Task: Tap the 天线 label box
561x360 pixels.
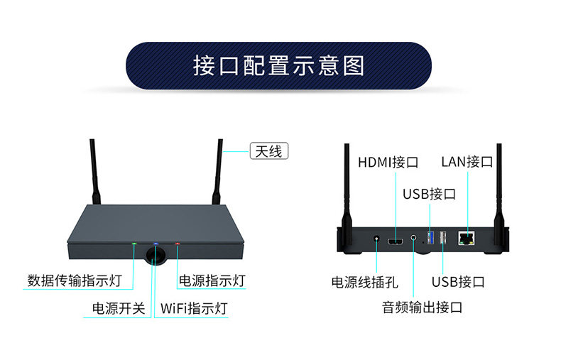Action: pos(268,151)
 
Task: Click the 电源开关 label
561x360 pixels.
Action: pos(119,309)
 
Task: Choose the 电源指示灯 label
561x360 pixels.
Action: pos(212,280)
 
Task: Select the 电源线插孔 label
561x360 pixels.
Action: pos(364,282)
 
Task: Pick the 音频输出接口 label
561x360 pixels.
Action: pos(422,307)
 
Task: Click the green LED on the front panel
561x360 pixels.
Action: pos(134,243)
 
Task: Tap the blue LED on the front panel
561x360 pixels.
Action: pos(156,243)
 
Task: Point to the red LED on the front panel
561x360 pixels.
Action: pos(178,244)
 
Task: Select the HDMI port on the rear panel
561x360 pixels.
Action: pos(396,243)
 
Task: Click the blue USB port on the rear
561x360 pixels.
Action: pos(430,237)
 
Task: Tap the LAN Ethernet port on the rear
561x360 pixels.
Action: pos(467,238)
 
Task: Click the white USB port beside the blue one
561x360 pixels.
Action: pos(442,238)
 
